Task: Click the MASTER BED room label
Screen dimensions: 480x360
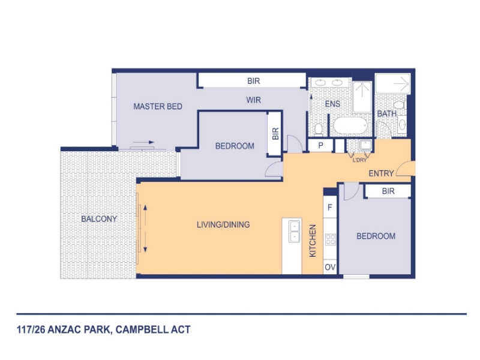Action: click(x=158, y=107)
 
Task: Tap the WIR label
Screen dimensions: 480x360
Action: click(x=253, y=100)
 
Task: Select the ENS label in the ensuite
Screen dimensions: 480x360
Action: click(x=332, y=104)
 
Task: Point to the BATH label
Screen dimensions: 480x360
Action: click(x=386, y=114)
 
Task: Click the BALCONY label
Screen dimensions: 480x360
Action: click(x=99, y=219)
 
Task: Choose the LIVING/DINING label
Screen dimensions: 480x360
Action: click(x=223, y=224)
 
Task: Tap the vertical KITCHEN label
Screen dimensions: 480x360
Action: click(x=313, y=241)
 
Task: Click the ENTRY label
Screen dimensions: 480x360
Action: click(x=381, y=173)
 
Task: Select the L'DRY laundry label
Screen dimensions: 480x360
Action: click(x=359, y=160)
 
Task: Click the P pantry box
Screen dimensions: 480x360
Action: click(x=320, y=146)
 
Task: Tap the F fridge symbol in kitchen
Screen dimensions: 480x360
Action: click(x=330, y=207)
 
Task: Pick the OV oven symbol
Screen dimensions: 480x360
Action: click(x=330, y=267)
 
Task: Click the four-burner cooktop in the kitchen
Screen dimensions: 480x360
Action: click(x=331, y=239)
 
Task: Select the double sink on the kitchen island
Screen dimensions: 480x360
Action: click(x=294, y=232)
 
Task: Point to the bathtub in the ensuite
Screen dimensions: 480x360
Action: click(x=350, y=125)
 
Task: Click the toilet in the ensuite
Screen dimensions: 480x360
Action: click(x=319, y=130)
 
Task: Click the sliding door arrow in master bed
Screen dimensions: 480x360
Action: click(x=143, y=142)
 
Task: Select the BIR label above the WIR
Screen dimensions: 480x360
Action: click(x=253, y=81)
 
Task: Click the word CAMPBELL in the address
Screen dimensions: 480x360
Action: click(x=142, y=329)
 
